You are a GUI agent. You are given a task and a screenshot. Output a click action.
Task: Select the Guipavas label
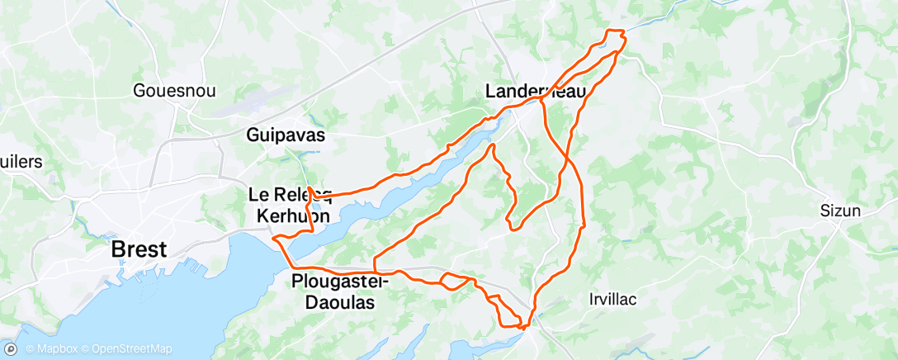[x=286, y=135]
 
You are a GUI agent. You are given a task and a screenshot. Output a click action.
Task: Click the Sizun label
[x=841, y=211]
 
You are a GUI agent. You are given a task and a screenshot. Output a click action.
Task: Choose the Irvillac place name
[x=614, y=299]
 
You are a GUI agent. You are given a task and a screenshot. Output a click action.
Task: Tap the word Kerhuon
[x=293, y=215]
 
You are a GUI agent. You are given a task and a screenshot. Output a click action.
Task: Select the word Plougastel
[x=334, y=282]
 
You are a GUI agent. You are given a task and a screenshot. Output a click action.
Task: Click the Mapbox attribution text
[x=50, y=348]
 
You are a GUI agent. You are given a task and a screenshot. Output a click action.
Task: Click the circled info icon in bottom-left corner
[x=12, y=348]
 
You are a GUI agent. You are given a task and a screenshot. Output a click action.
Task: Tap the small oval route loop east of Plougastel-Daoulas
[x=456, y=281]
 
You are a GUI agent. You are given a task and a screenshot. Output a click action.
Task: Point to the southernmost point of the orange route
[x=523, y=328]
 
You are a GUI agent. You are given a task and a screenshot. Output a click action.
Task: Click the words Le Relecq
[x=291, y=195]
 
